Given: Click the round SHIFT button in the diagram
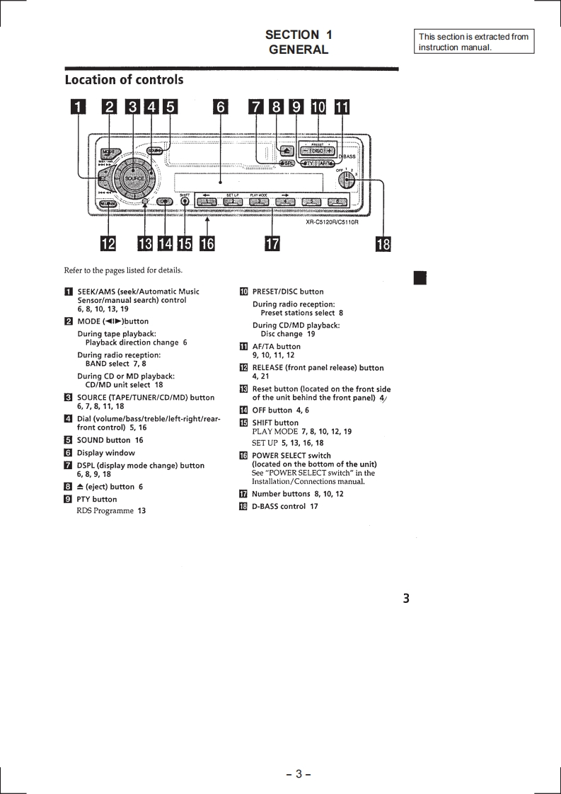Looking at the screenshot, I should click(x=185, y=201).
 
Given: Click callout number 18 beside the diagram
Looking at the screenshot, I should click(x=383, y=244).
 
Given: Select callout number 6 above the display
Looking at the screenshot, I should click(x=221, y=108).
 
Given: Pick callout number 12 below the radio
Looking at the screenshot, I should click(x=108, y=244).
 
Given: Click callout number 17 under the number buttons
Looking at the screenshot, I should click(x=272, y=244).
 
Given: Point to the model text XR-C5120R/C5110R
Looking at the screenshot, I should click(x=332, y=222).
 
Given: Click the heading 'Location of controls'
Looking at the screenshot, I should click(x=124, y=80).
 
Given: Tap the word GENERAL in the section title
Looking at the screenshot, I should click(x=299, y=50).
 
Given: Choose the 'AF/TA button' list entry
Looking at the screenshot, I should click(x=276, y=347).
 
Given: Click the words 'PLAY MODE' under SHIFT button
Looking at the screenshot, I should click(x=274, y=432).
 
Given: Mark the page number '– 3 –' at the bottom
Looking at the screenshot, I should click(x=299, y=773).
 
